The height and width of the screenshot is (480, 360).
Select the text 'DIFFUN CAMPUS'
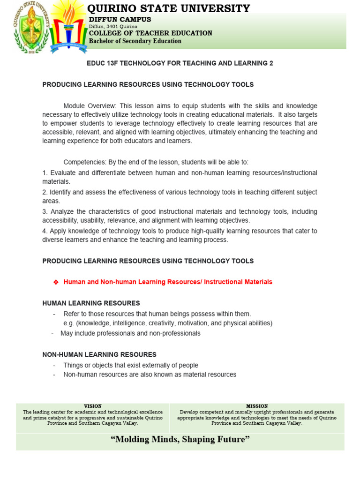120,19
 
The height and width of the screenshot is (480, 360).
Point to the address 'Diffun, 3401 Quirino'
113,27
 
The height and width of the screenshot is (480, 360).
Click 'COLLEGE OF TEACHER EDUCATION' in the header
150,33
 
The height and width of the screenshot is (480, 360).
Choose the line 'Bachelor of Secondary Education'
135,41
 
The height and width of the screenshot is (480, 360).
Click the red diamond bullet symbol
55,282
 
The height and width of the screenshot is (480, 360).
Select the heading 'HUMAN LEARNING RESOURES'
91,303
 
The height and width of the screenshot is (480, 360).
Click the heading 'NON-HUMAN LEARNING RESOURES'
99,355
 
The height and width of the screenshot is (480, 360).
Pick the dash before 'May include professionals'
53,333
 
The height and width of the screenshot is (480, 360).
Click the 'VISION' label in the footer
92,406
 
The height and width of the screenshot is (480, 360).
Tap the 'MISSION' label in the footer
257,406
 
